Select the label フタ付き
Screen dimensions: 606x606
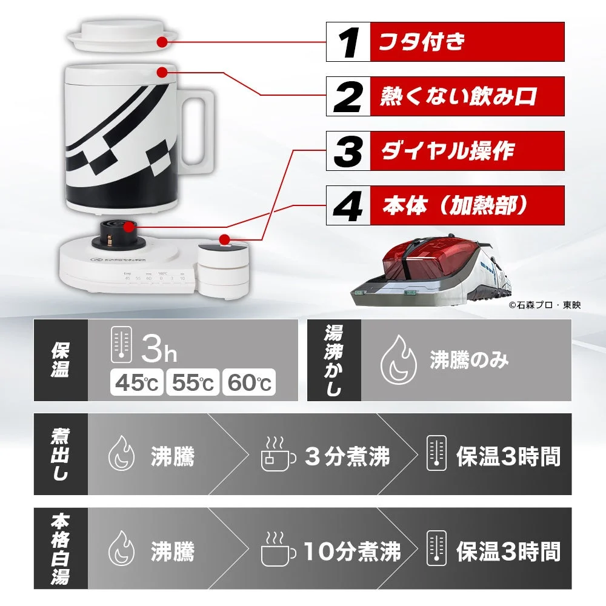pos(422,42)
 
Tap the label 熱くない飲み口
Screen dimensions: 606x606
pos(458,96)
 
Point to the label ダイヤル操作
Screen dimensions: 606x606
pos(447,150)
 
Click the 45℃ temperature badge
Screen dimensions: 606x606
pos(135,382)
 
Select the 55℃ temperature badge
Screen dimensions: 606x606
pos(192,382)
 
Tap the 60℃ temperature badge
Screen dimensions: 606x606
pos(248,382)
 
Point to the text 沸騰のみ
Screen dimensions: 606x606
pos(469,360)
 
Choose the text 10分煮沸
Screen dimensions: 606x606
pos(352,551)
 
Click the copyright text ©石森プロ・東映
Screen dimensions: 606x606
pos(544,305)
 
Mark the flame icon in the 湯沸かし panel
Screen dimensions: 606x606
pos(394,361)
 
